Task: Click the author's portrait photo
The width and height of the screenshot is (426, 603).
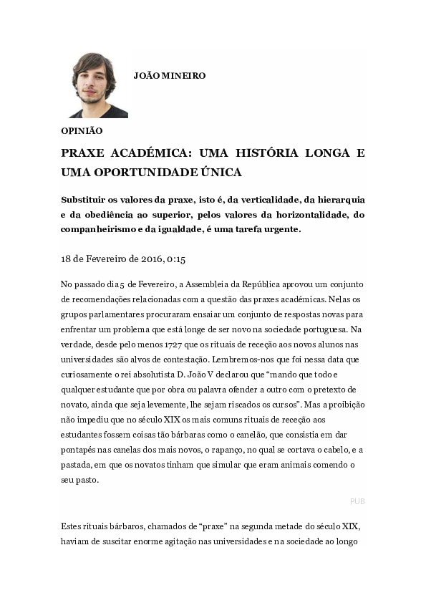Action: [99, 85]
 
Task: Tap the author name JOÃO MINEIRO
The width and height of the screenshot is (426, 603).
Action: [169, 75]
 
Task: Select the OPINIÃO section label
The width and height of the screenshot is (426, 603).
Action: [82, 131]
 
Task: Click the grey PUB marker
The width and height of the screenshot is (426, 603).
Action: [357, 501]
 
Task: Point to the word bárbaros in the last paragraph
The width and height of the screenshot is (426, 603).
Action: [114, 527]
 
